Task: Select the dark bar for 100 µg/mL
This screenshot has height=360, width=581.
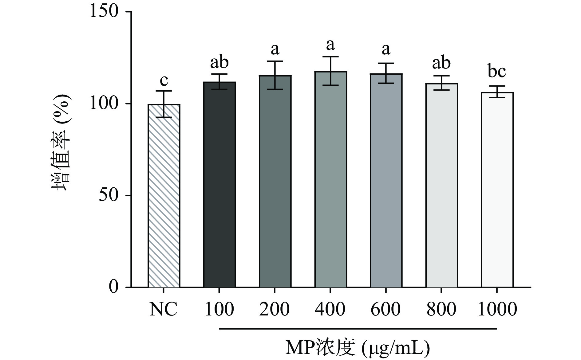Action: (219, 184)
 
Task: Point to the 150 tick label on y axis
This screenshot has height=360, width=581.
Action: (104, 12)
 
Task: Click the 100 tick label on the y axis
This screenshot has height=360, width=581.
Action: (104, 104)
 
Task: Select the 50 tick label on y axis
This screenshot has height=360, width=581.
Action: (109, 195)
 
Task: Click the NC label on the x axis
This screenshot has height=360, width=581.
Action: (163, 309)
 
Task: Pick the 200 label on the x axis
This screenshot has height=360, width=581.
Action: (275, 309)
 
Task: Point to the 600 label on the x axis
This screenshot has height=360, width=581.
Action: (386, 309)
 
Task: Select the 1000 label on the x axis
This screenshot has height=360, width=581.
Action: (497, 309)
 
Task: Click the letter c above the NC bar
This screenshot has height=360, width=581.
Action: (164, 81)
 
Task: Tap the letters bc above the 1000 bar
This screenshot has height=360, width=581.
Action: (497, 71)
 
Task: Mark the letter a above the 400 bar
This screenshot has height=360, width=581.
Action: (330, 45)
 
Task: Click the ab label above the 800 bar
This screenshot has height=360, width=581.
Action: (441, 63)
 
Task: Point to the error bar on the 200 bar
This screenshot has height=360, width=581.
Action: (275, 75)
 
